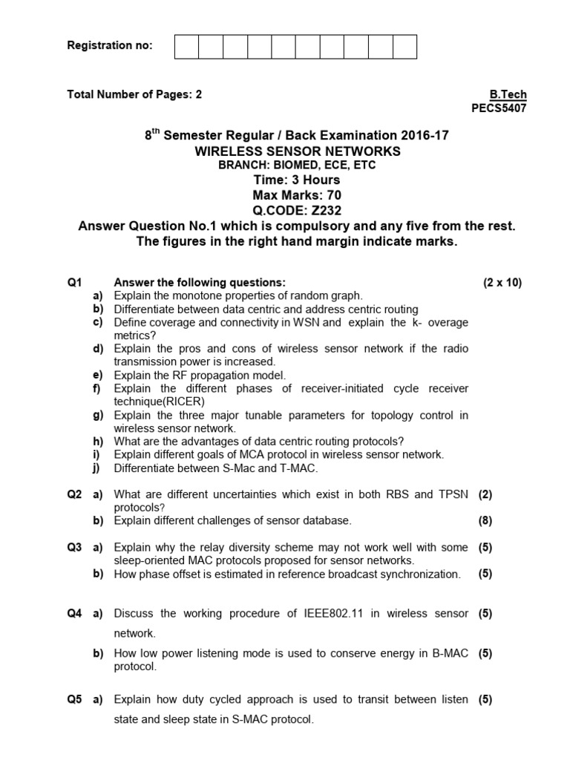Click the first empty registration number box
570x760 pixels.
186,46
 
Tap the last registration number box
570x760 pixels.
404,46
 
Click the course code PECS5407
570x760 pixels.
499,108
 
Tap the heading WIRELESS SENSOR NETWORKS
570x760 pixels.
297,151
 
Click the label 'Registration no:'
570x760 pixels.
110,45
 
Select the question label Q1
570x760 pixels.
74,283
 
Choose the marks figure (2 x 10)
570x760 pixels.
502,283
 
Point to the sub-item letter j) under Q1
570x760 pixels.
97,468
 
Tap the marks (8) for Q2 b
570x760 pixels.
485,520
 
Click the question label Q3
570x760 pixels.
74,548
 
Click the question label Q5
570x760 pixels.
74,699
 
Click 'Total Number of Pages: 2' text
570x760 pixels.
134,94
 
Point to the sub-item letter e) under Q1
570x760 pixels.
97,375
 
